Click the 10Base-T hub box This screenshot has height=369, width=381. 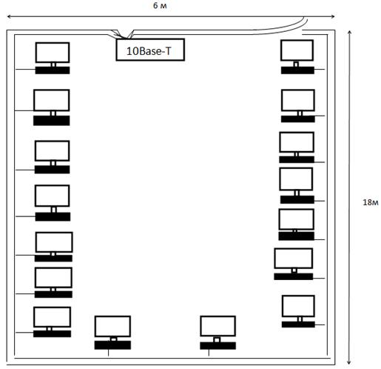point(150,50)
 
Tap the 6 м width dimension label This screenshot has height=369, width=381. point(160,6)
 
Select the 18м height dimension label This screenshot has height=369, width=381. point(371,202)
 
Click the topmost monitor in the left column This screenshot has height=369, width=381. point(53,53)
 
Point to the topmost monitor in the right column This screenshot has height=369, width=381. point(297,50)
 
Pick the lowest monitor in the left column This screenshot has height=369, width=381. point(52,317)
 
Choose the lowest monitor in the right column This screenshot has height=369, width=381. point(298,306)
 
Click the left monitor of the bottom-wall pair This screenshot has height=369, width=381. point(112,326)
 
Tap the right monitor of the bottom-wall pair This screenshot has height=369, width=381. point(218,326)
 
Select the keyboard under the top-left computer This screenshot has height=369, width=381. point(53,70)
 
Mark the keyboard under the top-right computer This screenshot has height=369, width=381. point(297,70)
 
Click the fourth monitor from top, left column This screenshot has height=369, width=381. point(53,196)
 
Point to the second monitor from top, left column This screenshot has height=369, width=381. point(52,100)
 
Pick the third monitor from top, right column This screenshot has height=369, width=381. point(297,142)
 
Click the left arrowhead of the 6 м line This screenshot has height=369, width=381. point(7,16)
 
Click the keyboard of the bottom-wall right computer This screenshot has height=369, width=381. point(218,345)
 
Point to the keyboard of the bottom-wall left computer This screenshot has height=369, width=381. point(112,345)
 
